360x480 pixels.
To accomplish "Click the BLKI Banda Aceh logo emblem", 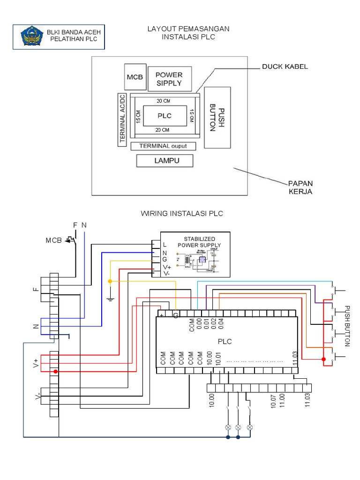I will click(x=31, y=37).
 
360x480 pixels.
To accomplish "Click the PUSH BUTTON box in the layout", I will click(x=217, y=117).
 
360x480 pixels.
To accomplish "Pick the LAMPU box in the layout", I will click(x=165, y=161).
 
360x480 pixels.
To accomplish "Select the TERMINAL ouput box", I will click(x=163, y=146).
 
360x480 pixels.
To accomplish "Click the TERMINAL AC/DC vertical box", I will click(x=123, y=119).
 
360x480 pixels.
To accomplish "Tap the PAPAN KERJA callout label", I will click(x=300, y=187).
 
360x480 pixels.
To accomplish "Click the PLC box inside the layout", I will click(x=164, y=116).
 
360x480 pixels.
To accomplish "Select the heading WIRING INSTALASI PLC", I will click(x=182, y=214).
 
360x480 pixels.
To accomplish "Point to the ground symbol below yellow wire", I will click(x=110, y=298).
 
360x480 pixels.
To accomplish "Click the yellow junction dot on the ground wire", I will click(x=110, y=281).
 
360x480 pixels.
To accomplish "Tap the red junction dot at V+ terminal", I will click(x=56, y=372).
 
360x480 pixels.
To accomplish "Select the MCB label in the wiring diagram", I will click(x=54, y=240).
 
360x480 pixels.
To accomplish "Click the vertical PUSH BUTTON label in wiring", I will click(x=347, y=326).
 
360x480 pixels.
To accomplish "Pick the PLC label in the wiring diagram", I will click(x=225, y=341).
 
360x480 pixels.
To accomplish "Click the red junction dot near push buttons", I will click(x=323, y=359).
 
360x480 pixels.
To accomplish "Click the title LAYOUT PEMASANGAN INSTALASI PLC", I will click(x=188, y=33).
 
